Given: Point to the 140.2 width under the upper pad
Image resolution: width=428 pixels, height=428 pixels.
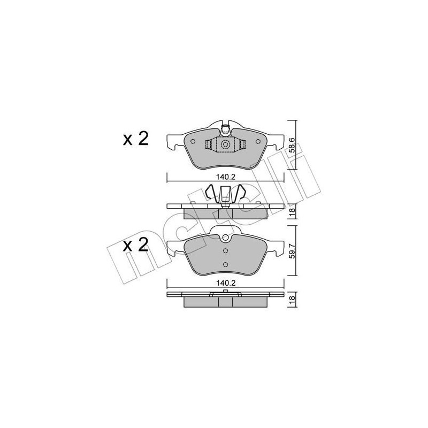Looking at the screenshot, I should pos(225,174).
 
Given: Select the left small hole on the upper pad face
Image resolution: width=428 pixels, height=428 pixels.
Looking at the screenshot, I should pos(192,142).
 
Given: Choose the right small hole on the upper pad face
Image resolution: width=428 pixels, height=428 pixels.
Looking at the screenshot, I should pos(258,142).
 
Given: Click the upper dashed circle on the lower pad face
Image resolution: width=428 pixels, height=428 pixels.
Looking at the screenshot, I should pos(225,250).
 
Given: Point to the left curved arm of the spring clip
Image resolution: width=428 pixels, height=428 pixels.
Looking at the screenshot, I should pos(211,193).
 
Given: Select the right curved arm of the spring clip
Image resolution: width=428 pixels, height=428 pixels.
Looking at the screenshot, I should pos(241,193).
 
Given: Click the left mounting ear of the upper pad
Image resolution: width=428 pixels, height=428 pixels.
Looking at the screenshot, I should pos(172,141).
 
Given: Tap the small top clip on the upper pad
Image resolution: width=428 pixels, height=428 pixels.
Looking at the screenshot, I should pos(225,128).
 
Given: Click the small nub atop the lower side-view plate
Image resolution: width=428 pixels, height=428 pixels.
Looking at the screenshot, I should pos(225,292).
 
